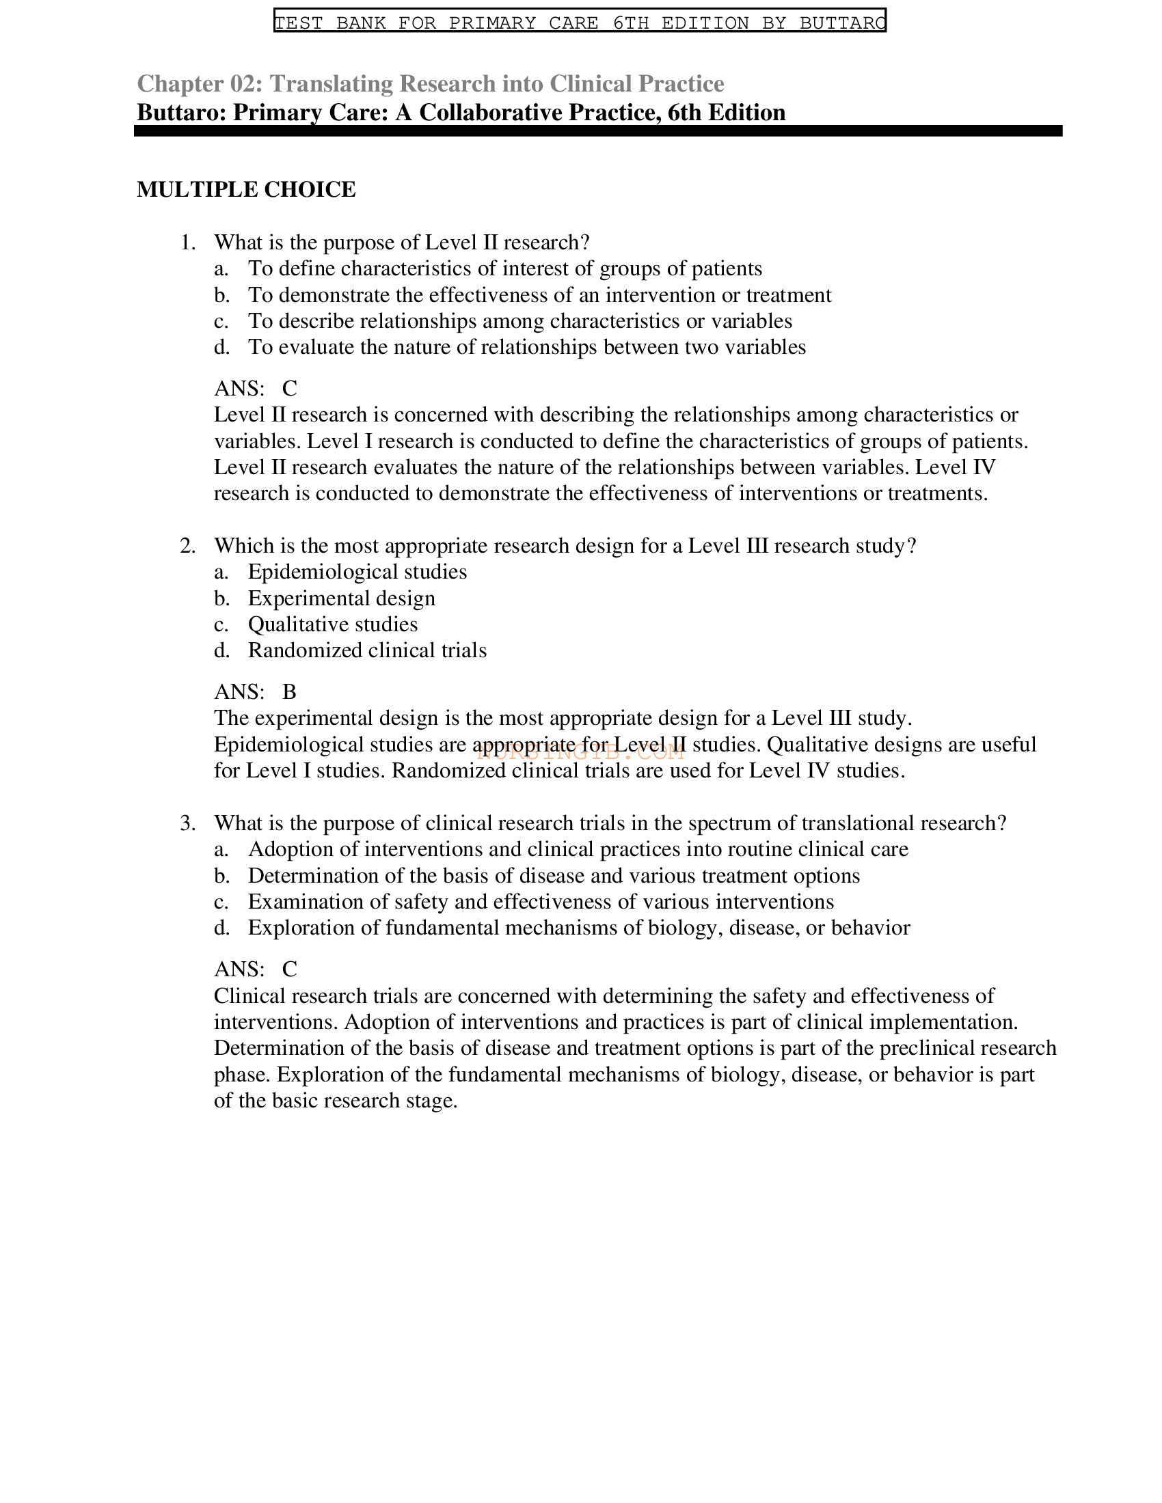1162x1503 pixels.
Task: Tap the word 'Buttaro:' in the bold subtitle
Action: click(x=182, y=112)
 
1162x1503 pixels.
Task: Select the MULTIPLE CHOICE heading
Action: click(x=246, y=189)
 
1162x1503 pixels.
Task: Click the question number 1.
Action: click(x=187, y=243)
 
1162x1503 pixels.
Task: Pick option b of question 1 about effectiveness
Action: click(x=539, y=294)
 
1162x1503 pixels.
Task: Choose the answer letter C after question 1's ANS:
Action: click(x=290, y=388)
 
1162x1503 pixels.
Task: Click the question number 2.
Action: click(x=187, y=546)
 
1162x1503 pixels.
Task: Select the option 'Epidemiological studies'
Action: click(x=357, y=572)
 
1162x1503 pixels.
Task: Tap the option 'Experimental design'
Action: click(x=342, y=598)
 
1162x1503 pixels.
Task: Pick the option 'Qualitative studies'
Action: click(x=332, y=624)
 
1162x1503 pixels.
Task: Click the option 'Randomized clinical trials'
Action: click(x=367, y=650)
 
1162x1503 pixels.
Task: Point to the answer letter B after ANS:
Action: click(x=290, y=691)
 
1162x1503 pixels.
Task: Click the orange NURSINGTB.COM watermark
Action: click(x=580, y=753)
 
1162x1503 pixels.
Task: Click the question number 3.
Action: click(x=187, y=823)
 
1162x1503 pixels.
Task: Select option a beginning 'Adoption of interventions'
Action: click(x=578, y=849)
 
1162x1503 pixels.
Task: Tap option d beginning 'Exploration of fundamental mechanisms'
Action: click(x=578, y=928)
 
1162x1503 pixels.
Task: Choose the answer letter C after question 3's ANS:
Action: click(x=290, y=969)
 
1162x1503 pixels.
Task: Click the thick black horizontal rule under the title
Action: click(x=597, y=130)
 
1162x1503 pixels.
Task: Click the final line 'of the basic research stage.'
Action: click(x=335, y=1101)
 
